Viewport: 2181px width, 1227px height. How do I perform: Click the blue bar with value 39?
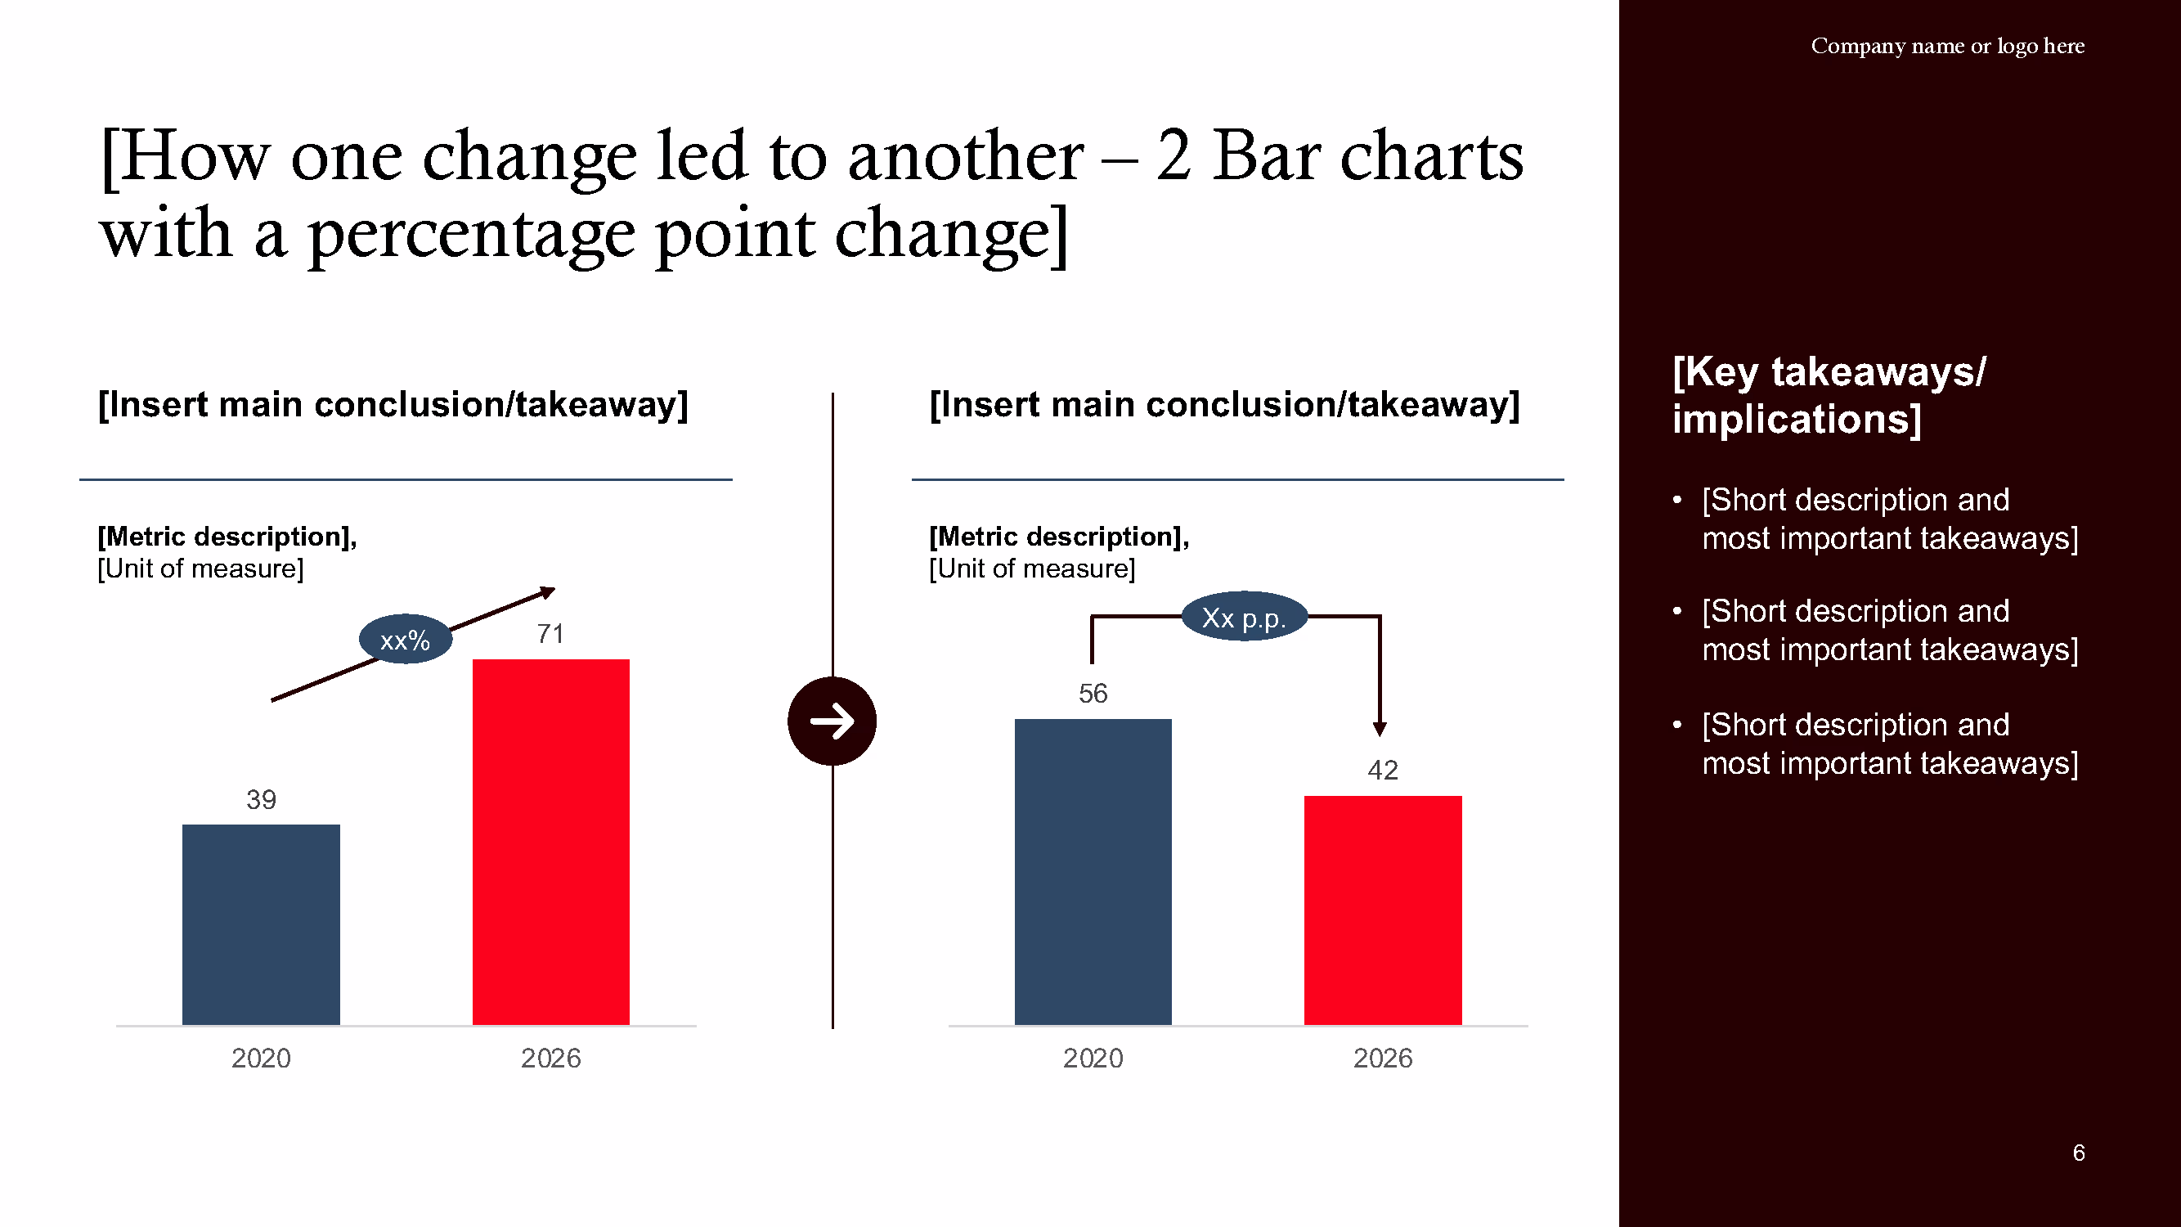click(x=261, y=924)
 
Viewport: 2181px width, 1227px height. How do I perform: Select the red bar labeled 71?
click(x=550, y=842)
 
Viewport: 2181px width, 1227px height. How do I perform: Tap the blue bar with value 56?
click(x=1093, y=871)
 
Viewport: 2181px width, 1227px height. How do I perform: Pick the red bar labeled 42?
click(x=1382, y=910)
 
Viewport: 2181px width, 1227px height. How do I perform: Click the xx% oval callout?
click(x=405, y=640)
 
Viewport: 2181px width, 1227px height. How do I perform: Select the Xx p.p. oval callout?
click(x=1243, y=618)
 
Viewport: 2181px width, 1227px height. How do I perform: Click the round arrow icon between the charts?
click(x=832, y=721)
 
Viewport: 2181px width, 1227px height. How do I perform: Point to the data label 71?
click(x=550, y=633)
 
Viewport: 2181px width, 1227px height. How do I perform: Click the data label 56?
click(x=1093, y=694)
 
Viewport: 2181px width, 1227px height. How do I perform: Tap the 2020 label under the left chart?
click(x=261, y=1058)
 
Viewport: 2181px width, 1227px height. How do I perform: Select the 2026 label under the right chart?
click(x=1382, y=1058)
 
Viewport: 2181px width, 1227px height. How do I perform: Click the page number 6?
click(x=2078, y=1153)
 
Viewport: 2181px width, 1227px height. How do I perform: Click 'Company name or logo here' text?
click(x=1946, y=46)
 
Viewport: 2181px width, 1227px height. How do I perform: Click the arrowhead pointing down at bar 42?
click(x=1380, y=728)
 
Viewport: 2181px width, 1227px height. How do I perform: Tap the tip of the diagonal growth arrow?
click(x=550, y=591)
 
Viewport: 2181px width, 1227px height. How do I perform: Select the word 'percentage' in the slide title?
click(x=471, y=234)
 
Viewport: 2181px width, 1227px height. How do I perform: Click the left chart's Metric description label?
click(x=227, y=536)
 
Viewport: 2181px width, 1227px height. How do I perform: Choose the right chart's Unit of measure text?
click(x=1031, y=569)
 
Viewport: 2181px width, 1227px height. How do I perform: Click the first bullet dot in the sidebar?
click(x=1676, y=500)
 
